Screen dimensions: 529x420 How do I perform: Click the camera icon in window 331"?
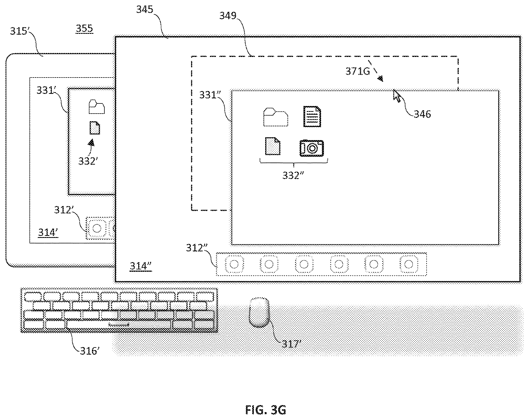pos(311,148)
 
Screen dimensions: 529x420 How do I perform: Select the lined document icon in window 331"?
pos(312,116)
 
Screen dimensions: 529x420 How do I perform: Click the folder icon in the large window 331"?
pos(276,117)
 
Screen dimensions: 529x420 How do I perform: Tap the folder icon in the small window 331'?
pos(96,107)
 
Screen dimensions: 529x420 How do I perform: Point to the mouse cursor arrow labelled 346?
pos(397,96)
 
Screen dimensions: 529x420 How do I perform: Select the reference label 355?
pos(84,28)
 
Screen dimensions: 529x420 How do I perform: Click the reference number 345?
pos(145,10)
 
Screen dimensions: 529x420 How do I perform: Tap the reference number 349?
pos(228,16)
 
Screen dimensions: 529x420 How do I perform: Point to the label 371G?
pos(358,71)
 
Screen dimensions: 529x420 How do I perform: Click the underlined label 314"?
pos(141,266)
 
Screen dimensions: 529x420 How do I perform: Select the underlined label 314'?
pos(48,232)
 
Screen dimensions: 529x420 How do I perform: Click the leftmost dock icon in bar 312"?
pos(234,264)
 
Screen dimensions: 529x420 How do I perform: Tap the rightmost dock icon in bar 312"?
pos(409,264)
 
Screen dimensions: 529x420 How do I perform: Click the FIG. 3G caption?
pos(265,410)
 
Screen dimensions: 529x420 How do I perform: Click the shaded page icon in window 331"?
pos(273,146)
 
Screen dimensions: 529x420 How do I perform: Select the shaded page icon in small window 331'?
pos(95,128)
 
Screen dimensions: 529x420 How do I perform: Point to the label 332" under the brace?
pos(293,175)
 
